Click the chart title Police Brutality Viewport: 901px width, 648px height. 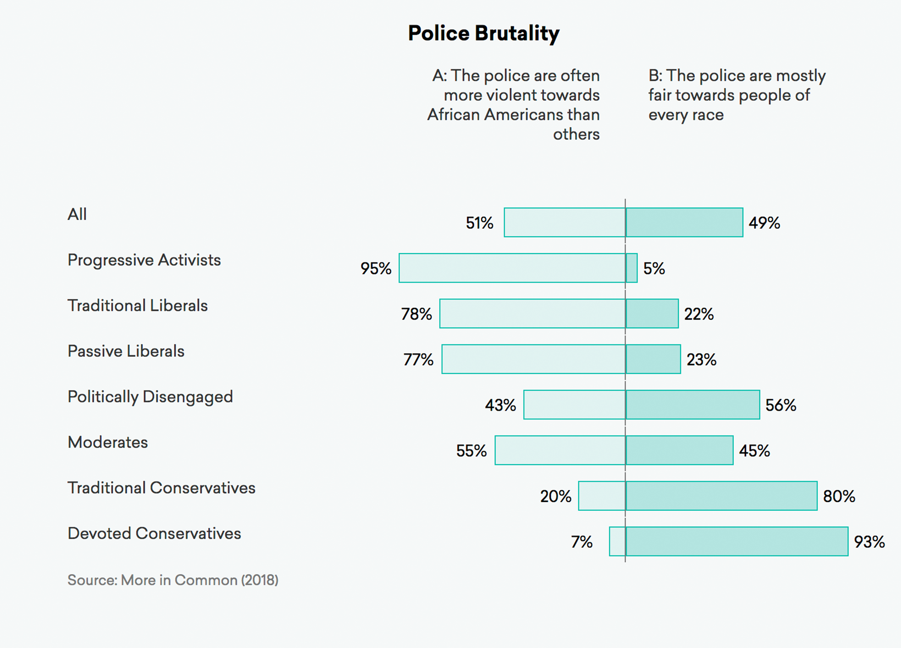pyautogui.click(x=484, y=33)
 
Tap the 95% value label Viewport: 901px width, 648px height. pyautogui.click(x=375, y=268)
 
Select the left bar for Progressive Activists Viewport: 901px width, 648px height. pyautogui.click(x=512, y=268)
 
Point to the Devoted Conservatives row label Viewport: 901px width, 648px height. pyautogui.click(x=154, y=533)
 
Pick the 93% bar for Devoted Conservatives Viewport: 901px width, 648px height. pyautogui.click(x=737, y=541)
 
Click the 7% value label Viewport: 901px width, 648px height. pyautogui.click(x=582, y=542)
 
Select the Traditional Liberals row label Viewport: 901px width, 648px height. pyautogui.click(x=137, y=306)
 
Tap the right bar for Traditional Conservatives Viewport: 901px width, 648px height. pyautogui.click(x=722, y=496)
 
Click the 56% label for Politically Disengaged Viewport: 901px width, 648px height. pyautogui.click(x=780, y=405)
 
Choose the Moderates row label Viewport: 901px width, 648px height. pyautogui.click(x=108, y=443)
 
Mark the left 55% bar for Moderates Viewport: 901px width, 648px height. pyautogui.click(x=560, y=450)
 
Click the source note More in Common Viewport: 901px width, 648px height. pyautogui.click(x=173, y=580)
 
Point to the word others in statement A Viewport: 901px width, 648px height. pyautogui.click(x=576, y=134)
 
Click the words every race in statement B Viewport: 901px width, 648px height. pyautogui.click(x=686, y=115)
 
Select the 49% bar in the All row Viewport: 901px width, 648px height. pyautogui.click(x=684, y=223)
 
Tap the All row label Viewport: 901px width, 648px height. pyautogui.click(x=77, y=214)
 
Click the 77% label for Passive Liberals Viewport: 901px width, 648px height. pyautogui.click(x=418, y=359)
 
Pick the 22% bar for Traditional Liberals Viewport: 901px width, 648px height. pyautogui.click(x=652, y=314)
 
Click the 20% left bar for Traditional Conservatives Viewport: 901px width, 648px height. pyautogui.click(x=602, y=496)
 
